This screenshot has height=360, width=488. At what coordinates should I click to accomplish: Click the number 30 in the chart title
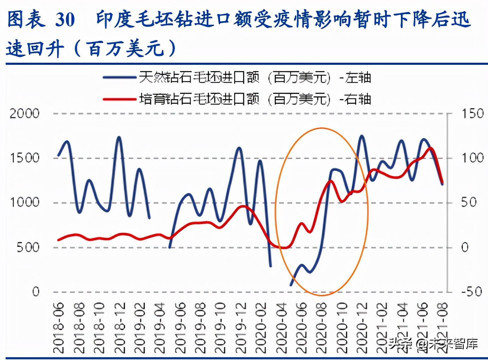click(65, 20)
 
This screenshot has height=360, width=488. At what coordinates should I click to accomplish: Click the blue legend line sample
click(120, 77)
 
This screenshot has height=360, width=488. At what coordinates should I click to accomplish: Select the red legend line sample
click(120, 99)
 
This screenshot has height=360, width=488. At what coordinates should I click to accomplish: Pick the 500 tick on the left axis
click(28, 247)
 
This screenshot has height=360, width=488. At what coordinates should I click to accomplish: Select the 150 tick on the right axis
click(472, 114)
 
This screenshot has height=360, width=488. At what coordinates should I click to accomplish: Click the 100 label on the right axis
click(472, 158)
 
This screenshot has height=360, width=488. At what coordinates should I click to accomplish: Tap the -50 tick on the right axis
click(471, 292)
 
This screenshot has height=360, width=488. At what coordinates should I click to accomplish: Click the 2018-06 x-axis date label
click(59, 328)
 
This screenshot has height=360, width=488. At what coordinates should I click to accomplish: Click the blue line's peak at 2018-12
click(119, 137)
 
